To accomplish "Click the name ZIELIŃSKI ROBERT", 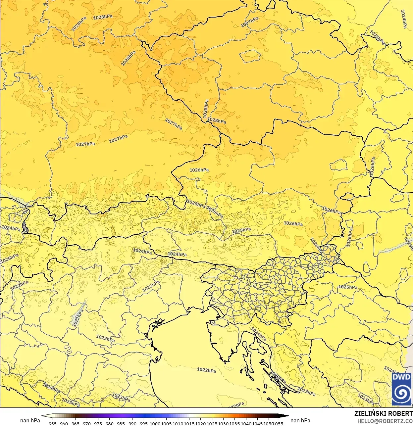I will (x=383, y=413).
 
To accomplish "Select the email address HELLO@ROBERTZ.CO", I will (x=385, y=421).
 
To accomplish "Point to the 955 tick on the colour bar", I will (x=53, y=423).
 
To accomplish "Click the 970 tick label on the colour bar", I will (x=87, y=423).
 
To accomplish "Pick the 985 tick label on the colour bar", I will (x=121, y=423).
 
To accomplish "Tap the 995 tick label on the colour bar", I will (x=144, y=423).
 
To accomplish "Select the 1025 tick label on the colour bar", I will (x=212, y=423).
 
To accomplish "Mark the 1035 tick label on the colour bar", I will (x=234, y=423).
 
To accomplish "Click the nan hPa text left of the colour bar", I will (x=30, y=420).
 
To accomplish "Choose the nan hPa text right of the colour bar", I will (x=300, y=420).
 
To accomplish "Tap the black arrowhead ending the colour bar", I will (x=284, y=416).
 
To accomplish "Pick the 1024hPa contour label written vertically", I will (x=403, y=19).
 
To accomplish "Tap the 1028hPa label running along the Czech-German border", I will (x=206, y=109).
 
